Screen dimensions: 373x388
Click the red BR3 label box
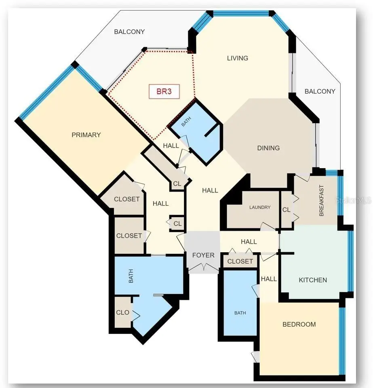click(164, 92)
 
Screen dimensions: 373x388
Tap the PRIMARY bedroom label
click(86, 135)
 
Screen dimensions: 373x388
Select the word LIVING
click(238, 58)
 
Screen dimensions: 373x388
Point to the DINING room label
click(268, 148)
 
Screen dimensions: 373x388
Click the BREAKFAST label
click(321, 200)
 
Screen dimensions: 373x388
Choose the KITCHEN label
click(313, 280)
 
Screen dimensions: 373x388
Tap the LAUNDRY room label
click(260, 207)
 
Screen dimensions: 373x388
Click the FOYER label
click(203, 255)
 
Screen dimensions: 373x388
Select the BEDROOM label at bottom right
click(299, 324)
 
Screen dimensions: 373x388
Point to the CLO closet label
click(123, 312)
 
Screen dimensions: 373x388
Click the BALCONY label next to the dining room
click(320, 91)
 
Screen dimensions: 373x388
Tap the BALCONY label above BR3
click(129, 32)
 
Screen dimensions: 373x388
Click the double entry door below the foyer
click(204, 267)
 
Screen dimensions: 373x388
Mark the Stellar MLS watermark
click(353, 200)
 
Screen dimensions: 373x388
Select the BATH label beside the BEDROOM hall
click(240, 313)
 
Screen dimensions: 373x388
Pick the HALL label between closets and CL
click(160, 203)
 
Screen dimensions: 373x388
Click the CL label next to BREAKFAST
click(286, 210)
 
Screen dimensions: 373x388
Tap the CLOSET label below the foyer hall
click(240, 261)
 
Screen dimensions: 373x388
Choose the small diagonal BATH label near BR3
click(186, 122)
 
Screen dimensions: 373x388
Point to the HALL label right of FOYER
click(249, 242)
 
